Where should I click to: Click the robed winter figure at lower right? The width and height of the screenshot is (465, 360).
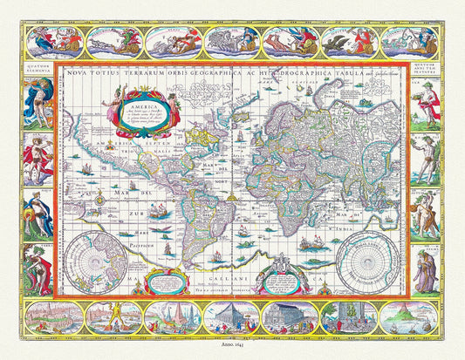pyautogui.click(x=425, y=269)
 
